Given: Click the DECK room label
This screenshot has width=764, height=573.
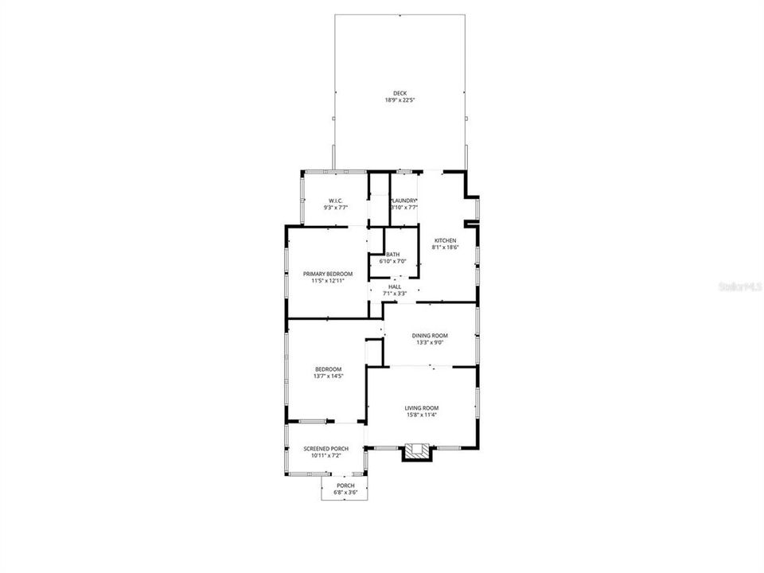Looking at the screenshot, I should (x=400, y=93).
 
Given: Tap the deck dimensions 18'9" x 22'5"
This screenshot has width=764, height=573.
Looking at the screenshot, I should (x=400, y=100).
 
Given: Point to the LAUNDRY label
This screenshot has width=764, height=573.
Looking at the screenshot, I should (x=404, y=200).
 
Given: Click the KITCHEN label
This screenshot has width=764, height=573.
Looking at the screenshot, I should (x=445, y=240).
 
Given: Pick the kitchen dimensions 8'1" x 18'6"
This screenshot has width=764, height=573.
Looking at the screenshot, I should (x=445, y=248).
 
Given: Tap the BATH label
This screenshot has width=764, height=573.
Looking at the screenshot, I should (x=392, y=254).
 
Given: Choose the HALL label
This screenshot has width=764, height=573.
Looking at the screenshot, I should (x=395, y=286).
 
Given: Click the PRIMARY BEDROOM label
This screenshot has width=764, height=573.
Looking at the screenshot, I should (x=328, y=274).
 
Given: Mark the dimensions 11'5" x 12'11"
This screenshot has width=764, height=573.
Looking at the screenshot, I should (x=328, y=281).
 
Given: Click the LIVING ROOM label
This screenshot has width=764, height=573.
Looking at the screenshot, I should (x=422, y=407).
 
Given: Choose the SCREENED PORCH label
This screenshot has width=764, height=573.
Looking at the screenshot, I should (x=326, y=449).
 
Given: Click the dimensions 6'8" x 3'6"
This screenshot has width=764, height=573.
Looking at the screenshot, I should (x=345, y=493).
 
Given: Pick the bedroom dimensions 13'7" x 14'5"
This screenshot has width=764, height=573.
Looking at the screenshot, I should (x=328, y=376).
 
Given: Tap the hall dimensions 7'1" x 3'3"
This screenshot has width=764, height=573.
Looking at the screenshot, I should (x=395, y=294).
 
